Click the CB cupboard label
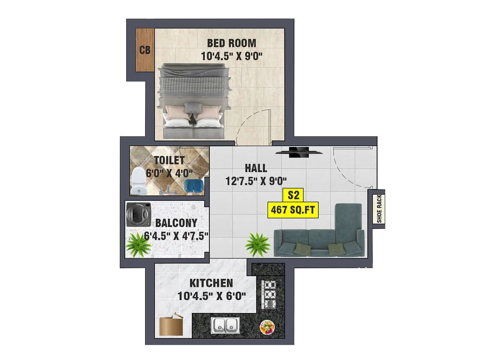[145, 50]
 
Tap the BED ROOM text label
[232, 43]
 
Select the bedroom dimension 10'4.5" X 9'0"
[232, 56]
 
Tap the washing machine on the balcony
[139, 214]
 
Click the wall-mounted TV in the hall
[299, 152]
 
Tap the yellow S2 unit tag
[293, 195]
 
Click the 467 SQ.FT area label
[293, 210]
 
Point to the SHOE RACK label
[379, 209]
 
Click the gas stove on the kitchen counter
[269, 294]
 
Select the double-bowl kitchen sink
[225, 325]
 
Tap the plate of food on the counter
[267, 327]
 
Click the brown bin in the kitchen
[171, 325]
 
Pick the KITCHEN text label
[211, 283]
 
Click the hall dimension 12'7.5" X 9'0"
[256, 181]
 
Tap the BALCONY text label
[176, 223]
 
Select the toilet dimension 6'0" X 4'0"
[169, 173]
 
